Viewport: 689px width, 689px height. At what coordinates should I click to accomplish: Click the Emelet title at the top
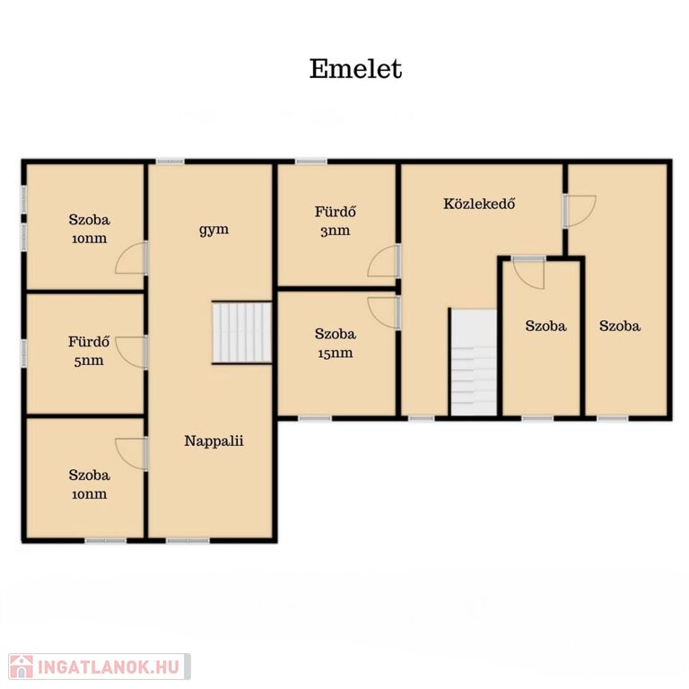[355, 69]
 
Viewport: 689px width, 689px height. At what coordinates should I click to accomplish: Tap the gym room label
[214, 230]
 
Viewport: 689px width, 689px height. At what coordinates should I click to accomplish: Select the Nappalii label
[214, 440]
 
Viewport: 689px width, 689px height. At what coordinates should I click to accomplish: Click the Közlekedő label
[479, 204]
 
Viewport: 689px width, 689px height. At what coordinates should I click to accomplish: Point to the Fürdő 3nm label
[336, 221]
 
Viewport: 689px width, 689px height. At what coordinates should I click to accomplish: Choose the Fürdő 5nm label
[89, 351]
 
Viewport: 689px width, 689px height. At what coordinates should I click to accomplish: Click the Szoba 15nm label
[336, 344]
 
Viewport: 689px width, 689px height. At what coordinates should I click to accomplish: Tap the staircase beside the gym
[241, 333]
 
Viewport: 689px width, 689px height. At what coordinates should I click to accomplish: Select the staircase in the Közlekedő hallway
[475, 362]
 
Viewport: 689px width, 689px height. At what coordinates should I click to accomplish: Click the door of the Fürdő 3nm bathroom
[383, 261]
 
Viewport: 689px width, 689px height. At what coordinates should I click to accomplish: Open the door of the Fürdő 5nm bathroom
[131, 353]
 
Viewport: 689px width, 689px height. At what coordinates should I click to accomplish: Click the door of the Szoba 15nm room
[384, 313]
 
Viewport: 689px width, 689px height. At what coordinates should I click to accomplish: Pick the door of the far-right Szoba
[580, 212]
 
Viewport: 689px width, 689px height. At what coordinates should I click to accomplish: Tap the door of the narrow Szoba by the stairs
[528, 274]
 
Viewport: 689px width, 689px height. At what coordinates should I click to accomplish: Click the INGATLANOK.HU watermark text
[109, 667]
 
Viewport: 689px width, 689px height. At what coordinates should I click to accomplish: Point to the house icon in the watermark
[22, 667]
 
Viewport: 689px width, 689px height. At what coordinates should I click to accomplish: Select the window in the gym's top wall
[170, 161]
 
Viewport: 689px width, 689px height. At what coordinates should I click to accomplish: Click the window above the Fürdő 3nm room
[310, 161]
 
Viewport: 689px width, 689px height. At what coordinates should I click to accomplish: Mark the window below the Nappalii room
[188, 540]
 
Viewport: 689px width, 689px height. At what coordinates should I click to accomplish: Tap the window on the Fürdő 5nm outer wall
[24, 353]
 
